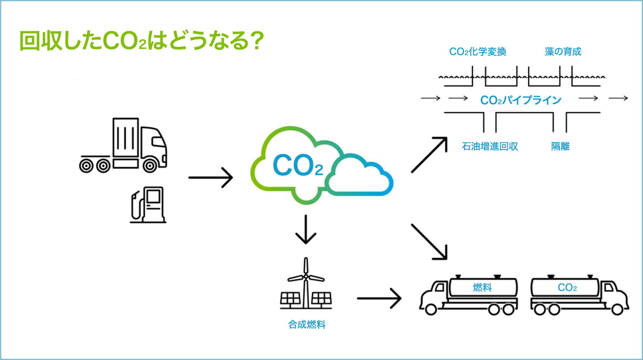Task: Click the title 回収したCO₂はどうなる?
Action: point(141,41)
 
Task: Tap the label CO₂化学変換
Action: point(478,52)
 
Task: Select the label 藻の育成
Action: point(563,52)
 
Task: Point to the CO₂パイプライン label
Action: point(521,100)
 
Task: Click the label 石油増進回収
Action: point(490,147)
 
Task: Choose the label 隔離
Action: point(560,147)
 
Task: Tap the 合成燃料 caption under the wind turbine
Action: point(307,325)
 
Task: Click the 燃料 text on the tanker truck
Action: point(482,287)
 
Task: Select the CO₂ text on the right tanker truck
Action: point(567,287)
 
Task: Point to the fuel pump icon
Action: point(148,205)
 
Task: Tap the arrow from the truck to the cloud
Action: point(210,178)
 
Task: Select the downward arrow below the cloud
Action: point(306,230)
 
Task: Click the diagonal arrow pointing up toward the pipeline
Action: point(430,155)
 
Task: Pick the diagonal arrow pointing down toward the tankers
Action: point(430,242)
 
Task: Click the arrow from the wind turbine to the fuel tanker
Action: point(379,298)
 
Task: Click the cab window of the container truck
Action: point(158,142)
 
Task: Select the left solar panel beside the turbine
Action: point(291,298)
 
